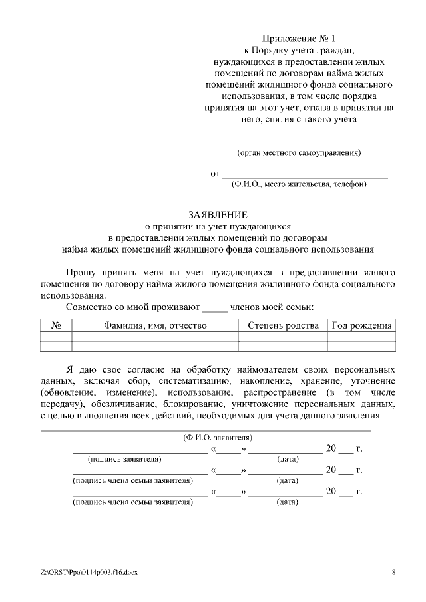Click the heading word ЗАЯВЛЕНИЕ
tap(218, 215)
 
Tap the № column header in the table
tap(56, 325)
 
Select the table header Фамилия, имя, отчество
tap(154, 325)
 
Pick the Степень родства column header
tap(283, 325)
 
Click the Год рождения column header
tap(362, 325)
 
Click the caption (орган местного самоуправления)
tap(299, 153)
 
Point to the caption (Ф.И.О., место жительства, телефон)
tap(299, 184)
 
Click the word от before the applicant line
tap(215, 174)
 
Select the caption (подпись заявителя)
tap(124, 459)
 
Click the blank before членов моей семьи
tap(214, 307)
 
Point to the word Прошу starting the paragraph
tap(81, 272)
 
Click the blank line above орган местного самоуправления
tap(299, 144)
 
